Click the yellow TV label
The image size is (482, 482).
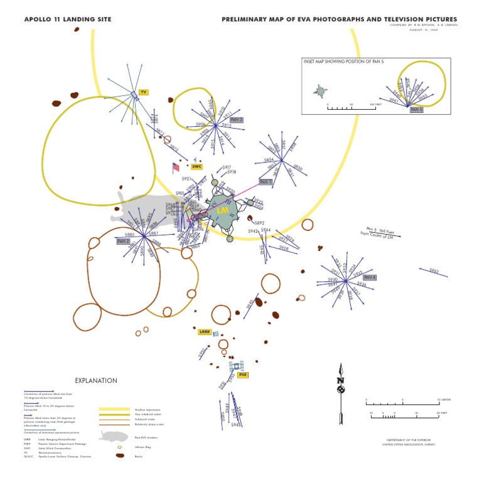pyautogui.click(x=143, y=92)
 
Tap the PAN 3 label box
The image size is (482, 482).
pyautogui.click(x=236, y=119)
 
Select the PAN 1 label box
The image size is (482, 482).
pyautogui.click(x=266, y=182)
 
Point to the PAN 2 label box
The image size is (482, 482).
pyautogui.click(x=123, y=241)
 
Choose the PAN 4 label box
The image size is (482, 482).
pyautogui.click(x=370, y=277)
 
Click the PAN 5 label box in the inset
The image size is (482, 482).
pyautogui.click(x=416, y=109)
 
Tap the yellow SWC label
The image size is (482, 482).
pyautogui.click(x=197, y=167)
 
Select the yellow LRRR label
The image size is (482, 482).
pyautogui.click(x=204, y=331)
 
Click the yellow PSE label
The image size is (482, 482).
pyautogui.click(x=243, y=375)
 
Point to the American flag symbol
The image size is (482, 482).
pyautogui.click(x=176, y=167)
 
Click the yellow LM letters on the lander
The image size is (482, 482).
pyautogui.click(x=222, y=211)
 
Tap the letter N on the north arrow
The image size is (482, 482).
pyautogui.click(x=340, y=380)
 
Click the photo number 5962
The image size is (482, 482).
pyautogui.click(x=434, y=270)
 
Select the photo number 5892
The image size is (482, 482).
pyautogui.click(x=259, y=223)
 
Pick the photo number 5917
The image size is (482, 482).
pyautogui.click(x=227, y=167)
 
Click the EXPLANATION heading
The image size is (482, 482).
pyautogui.click(x=96, y=380)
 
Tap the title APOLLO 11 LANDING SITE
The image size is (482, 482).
pyautogui.click(x=68, y=19)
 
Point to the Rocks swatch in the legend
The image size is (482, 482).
pyautogui.click(x=119, y=456)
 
